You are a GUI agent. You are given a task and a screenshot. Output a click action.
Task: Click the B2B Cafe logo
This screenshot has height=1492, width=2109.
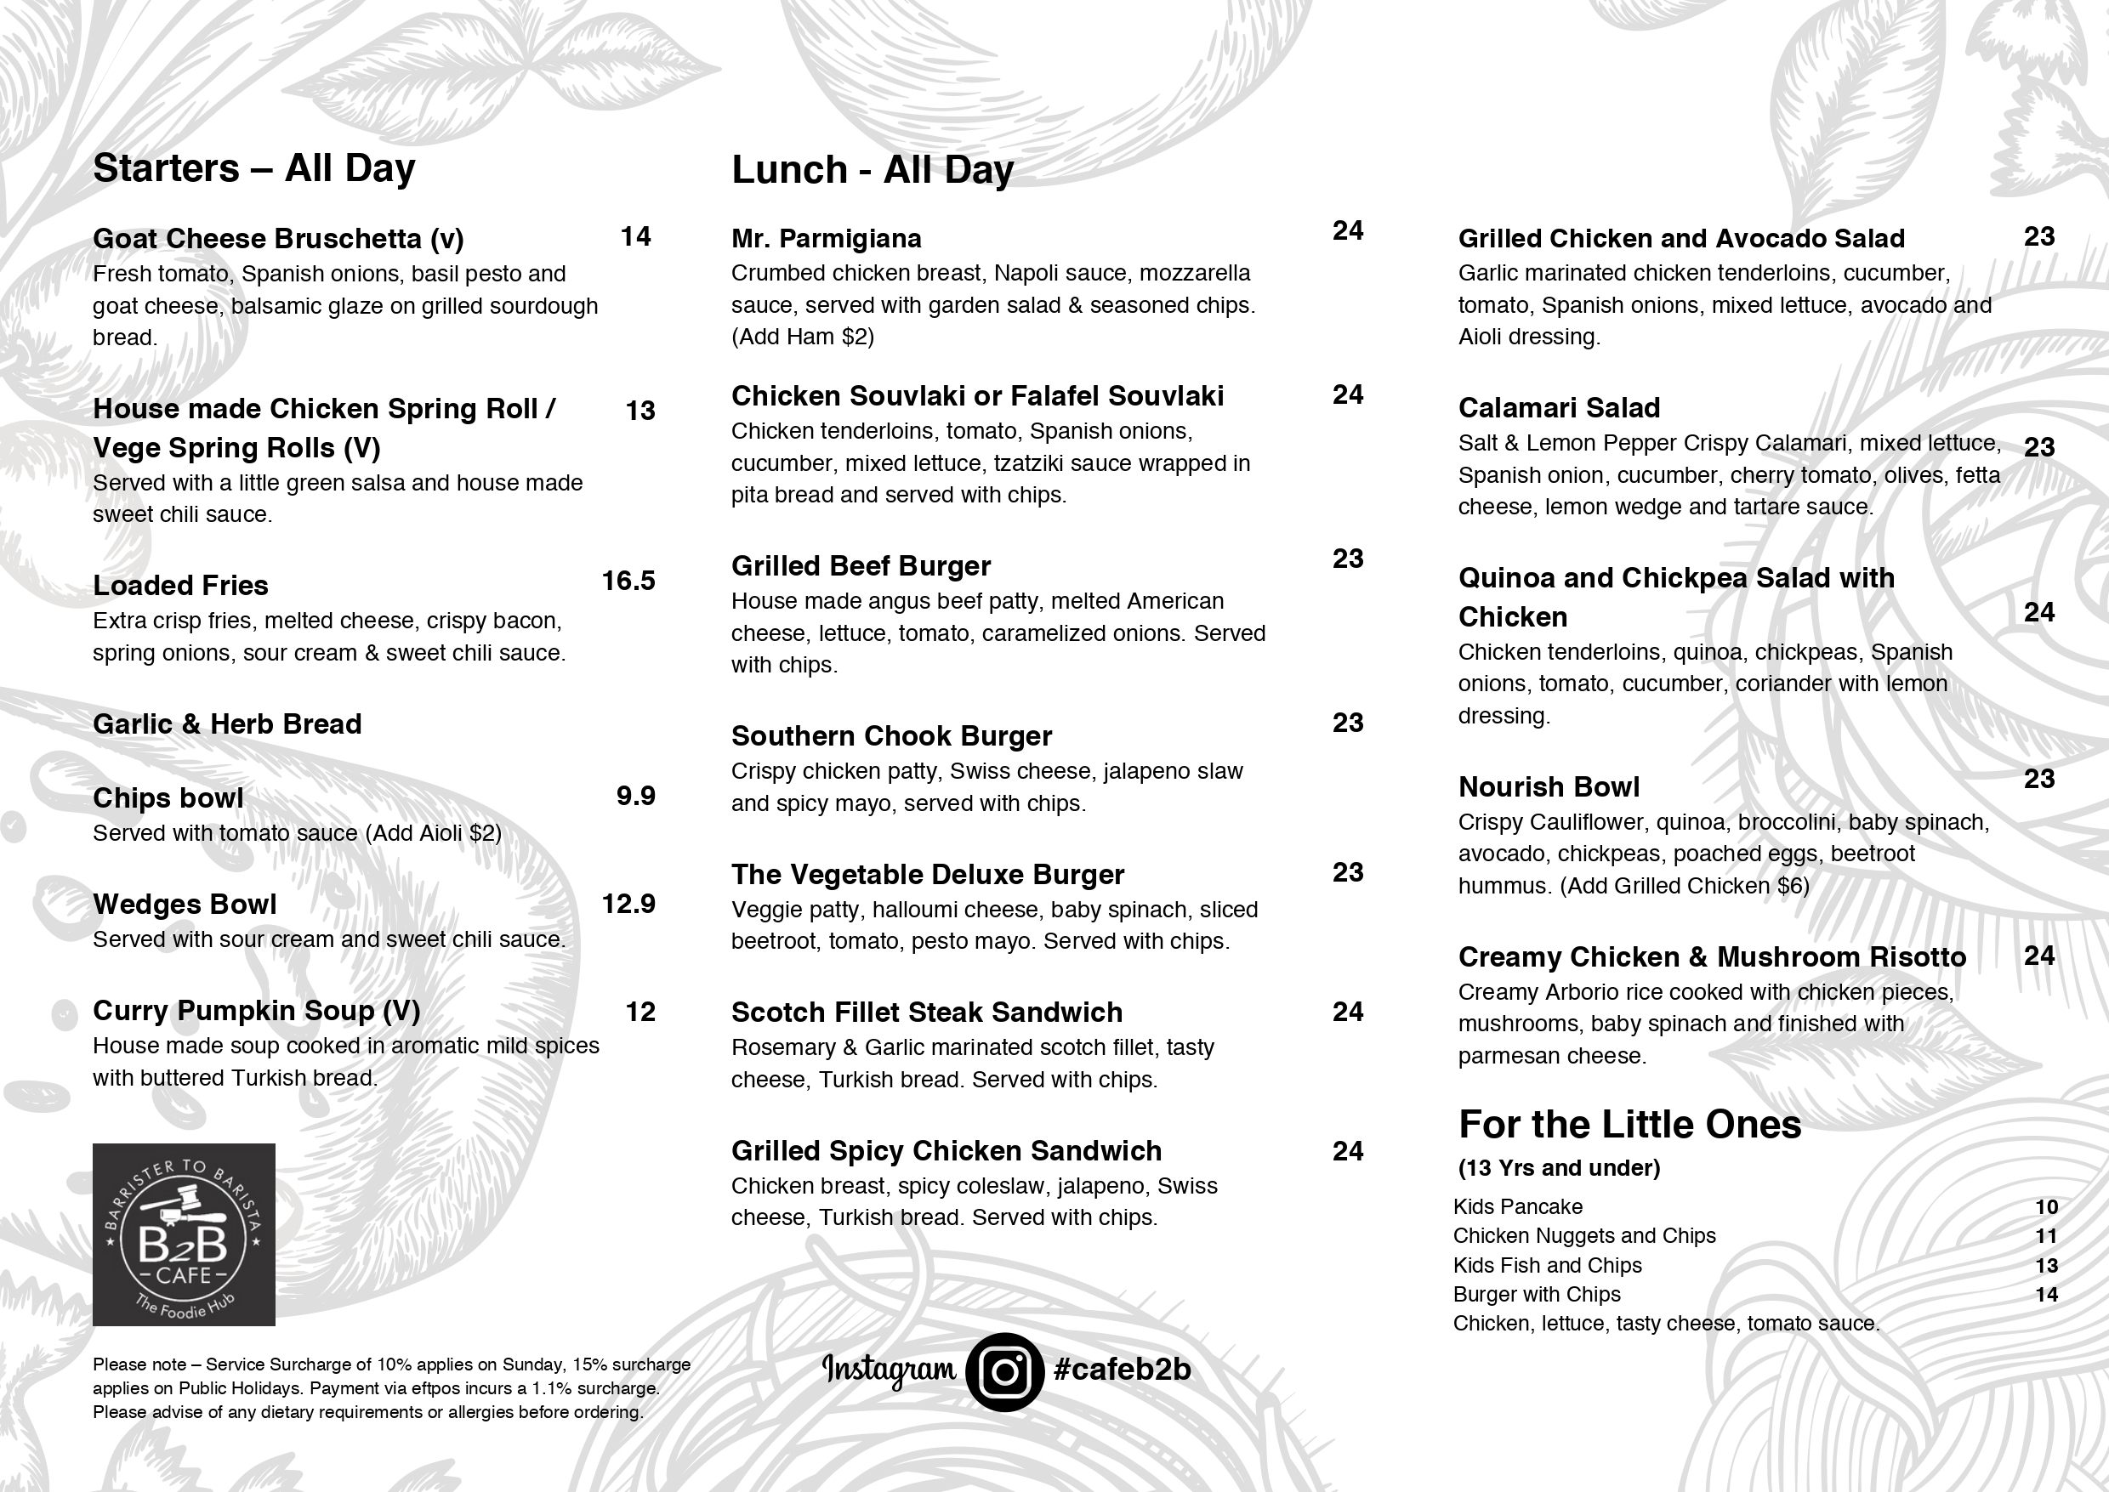[184, 1234]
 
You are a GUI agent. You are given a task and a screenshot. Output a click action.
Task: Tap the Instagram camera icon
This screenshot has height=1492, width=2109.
[1004, 1371]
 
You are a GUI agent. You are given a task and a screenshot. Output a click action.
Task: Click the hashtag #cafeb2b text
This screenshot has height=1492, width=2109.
[1122, 1369]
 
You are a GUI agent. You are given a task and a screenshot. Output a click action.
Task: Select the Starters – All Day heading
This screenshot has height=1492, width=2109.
[253, 168]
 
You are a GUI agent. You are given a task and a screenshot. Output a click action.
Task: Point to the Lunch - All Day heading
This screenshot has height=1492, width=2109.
[872, 170]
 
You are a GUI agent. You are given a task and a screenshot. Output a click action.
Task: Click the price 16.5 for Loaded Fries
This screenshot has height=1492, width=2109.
[628, 581]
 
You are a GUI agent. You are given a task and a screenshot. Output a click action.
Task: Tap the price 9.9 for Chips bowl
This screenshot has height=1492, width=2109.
[636, 796]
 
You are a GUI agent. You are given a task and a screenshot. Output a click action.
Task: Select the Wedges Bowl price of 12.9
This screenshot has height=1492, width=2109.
[628, 904]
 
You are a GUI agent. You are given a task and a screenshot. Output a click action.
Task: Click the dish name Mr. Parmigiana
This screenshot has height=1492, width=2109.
[826, 239]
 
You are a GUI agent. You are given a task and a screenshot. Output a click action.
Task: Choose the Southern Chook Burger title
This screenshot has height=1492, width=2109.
[891, 736]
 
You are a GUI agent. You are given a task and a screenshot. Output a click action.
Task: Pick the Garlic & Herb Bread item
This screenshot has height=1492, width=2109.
[227, 724]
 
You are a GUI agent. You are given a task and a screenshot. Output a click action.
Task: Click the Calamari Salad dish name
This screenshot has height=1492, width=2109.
[1559, 408]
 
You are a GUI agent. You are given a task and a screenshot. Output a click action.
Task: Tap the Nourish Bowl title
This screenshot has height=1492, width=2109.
[1549, 787]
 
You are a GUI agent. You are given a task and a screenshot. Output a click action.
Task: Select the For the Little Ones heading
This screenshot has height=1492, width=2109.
[1629, 1125]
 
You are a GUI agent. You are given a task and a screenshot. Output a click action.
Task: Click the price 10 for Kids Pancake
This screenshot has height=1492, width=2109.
[2045, 1207]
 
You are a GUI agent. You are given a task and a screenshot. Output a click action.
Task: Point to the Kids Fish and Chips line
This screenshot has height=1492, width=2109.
[1548, 1265]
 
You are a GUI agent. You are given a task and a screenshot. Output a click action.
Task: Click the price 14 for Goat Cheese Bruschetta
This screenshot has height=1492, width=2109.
[636, 237]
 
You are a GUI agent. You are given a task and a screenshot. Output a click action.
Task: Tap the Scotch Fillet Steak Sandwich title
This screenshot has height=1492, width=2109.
[926, 1013]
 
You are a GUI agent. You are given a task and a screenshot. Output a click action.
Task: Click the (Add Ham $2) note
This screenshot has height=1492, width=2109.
[802, 338]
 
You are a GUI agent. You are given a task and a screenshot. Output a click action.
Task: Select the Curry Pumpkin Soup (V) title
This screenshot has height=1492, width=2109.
[256, 1011]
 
